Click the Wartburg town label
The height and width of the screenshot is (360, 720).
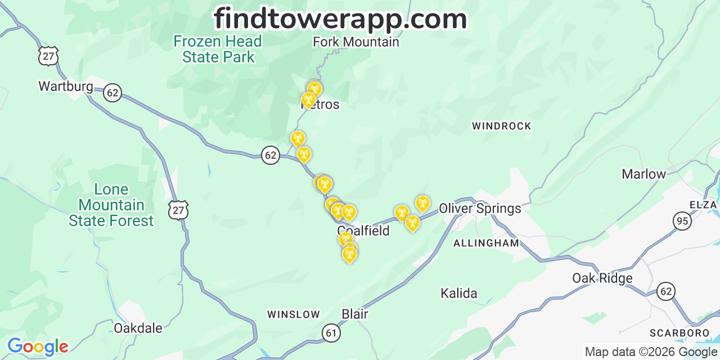(x=65, y=86)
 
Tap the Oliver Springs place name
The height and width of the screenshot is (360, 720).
(x=480, y=209)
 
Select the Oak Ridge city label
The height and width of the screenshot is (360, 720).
(x=602, y=278)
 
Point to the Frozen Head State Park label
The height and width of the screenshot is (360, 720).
(x=218, y=49)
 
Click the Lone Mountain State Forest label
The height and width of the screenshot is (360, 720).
(x=111, y=205)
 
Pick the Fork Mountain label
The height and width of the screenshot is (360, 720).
(x=355, y=42)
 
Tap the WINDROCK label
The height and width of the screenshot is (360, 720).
(x=501, y=126)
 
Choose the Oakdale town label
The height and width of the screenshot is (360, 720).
(x=138, y=328)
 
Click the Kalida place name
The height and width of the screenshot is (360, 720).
(x=459, y=293)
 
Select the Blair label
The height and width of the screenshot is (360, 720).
(x=355, y=314)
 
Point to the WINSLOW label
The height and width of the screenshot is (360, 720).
(x=293, y=314)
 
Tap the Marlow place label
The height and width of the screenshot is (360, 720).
(x=643, y=174)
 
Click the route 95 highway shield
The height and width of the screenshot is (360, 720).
(x=682, y=221)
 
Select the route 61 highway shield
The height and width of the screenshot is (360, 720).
(x=331, y=333)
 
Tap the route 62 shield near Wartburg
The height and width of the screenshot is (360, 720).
(x=112, y=93)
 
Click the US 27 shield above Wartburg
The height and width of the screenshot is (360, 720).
(x=48, y=56)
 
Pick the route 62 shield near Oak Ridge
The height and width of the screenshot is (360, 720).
(x=666, y=291)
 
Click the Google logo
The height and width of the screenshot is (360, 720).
(x=37, y=346)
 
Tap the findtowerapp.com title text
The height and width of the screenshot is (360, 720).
(x=340, y=19)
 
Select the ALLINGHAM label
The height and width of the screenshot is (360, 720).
(x=486, y=243)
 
